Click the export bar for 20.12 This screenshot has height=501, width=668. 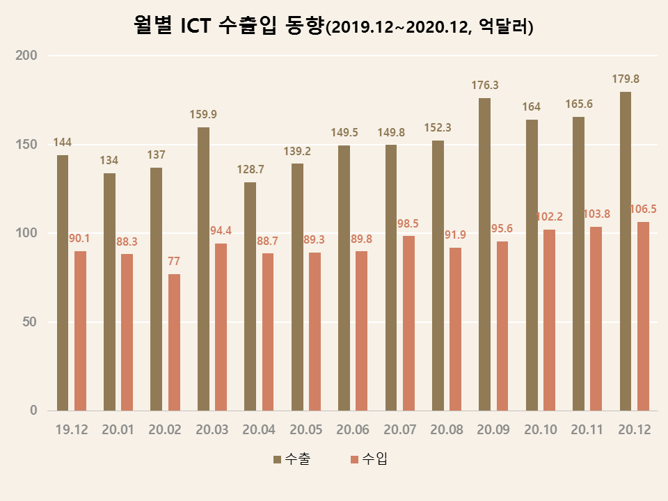[x=626, y=251]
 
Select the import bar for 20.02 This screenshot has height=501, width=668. [x=174, y=342]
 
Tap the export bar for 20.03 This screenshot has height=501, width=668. [x=203, y=269]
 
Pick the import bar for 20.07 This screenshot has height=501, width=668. [x=408, y=323]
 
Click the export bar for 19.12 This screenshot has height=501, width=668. [x=63, y=283]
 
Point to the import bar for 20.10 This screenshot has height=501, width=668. [x=549, y=320]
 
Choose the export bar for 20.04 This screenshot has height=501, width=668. [x=250, y=296]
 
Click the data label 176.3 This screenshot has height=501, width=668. [x=485, y=86]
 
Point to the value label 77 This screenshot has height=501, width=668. [x=174, y=262]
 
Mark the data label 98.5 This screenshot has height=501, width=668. [x=408, y=223]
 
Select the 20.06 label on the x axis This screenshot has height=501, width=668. [x=353, y=430]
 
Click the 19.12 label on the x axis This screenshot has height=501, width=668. [x=72, y=430]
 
